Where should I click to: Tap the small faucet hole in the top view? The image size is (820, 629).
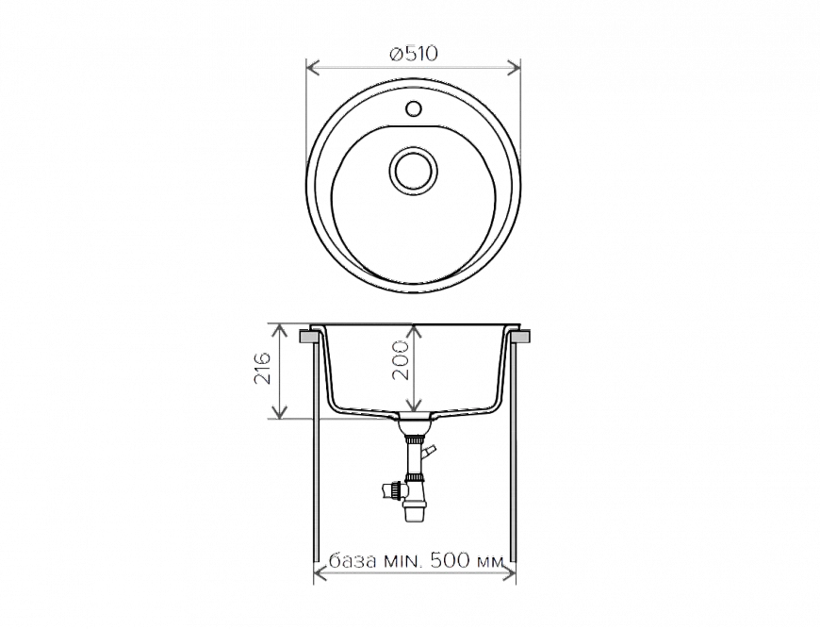click(411, 108)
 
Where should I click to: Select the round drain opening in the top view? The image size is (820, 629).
click(411, 172)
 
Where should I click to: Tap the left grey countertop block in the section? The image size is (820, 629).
click(308, 335)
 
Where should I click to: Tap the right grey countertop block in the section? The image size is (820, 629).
click(519, 335)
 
